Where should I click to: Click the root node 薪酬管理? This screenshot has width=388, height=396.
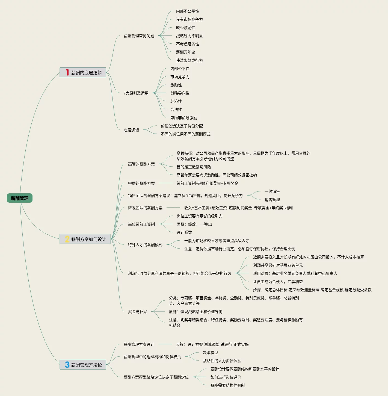20,198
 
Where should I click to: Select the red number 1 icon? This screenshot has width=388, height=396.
67,72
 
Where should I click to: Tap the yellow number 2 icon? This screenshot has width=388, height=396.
67,239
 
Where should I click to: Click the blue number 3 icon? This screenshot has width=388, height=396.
67,365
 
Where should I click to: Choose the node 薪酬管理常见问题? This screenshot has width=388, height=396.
139,36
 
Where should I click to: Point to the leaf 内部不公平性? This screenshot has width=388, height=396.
187,11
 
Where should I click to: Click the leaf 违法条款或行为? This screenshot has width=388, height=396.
189,60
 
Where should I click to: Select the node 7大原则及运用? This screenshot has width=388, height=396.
136,93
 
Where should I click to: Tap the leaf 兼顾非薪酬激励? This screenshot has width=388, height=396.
183,118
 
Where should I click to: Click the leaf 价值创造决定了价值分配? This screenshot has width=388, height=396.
182,126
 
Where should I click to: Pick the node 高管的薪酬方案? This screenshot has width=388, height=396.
141,164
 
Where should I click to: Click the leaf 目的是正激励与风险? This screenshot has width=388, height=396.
194,167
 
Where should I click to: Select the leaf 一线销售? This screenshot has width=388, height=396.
272,191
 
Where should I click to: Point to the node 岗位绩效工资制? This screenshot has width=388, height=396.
141,224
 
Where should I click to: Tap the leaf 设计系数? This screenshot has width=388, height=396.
184,232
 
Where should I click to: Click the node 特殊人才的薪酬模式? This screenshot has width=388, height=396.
145,245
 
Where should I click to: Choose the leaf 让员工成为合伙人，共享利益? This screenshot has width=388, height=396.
278,282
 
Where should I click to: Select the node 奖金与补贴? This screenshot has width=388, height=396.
137,312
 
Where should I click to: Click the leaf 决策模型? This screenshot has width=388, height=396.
210,353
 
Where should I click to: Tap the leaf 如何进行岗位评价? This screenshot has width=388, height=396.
226,377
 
